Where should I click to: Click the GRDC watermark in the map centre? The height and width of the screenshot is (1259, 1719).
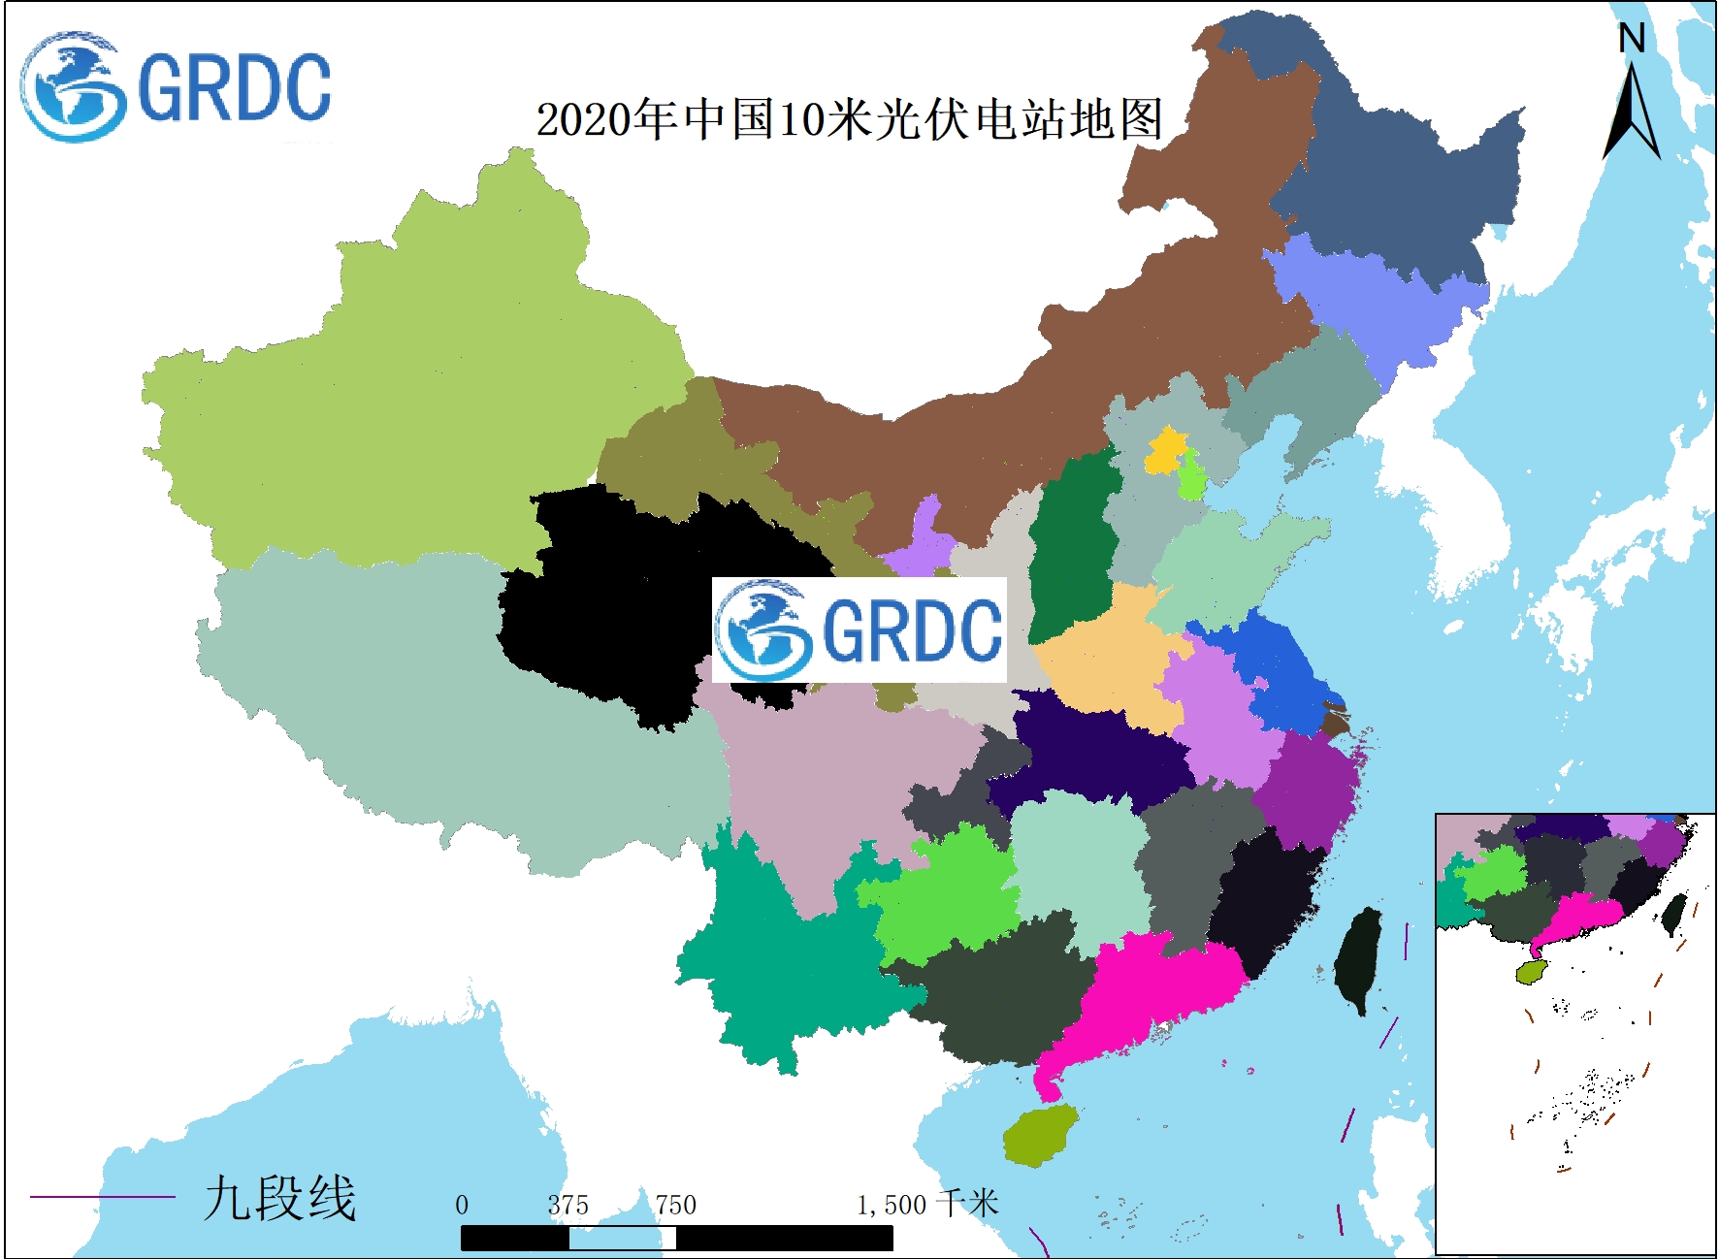[x=859, y=630]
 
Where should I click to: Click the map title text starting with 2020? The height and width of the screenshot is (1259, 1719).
[x=849, y=119]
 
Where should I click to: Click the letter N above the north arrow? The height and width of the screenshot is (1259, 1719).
[x=1632, y=39]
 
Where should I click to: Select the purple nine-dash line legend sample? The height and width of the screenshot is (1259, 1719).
[x=102, y=1196]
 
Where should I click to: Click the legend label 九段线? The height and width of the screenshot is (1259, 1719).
[x=279, y=1197]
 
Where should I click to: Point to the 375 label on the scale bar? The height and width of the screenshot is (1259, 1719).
[x=568, y=1205]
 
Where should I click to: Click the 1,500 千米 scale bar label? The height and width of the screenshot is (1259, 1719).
[x=926, y=1205]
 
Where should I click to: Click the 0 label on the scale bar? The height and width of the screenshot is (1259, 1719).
[x=462, y=1205]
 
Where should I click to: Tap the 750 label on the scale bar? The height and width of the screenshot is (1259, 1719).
[x=675, y=1205]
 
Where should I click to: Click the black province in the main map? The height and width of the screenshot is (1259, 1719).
[x=621, y=601]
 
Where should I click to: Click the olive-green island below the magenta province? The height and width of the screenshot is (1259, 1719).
[x=1040, y=1135]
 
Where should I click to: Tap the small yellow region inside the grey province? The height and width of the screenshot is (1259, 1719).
[x=1166, y=450]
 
